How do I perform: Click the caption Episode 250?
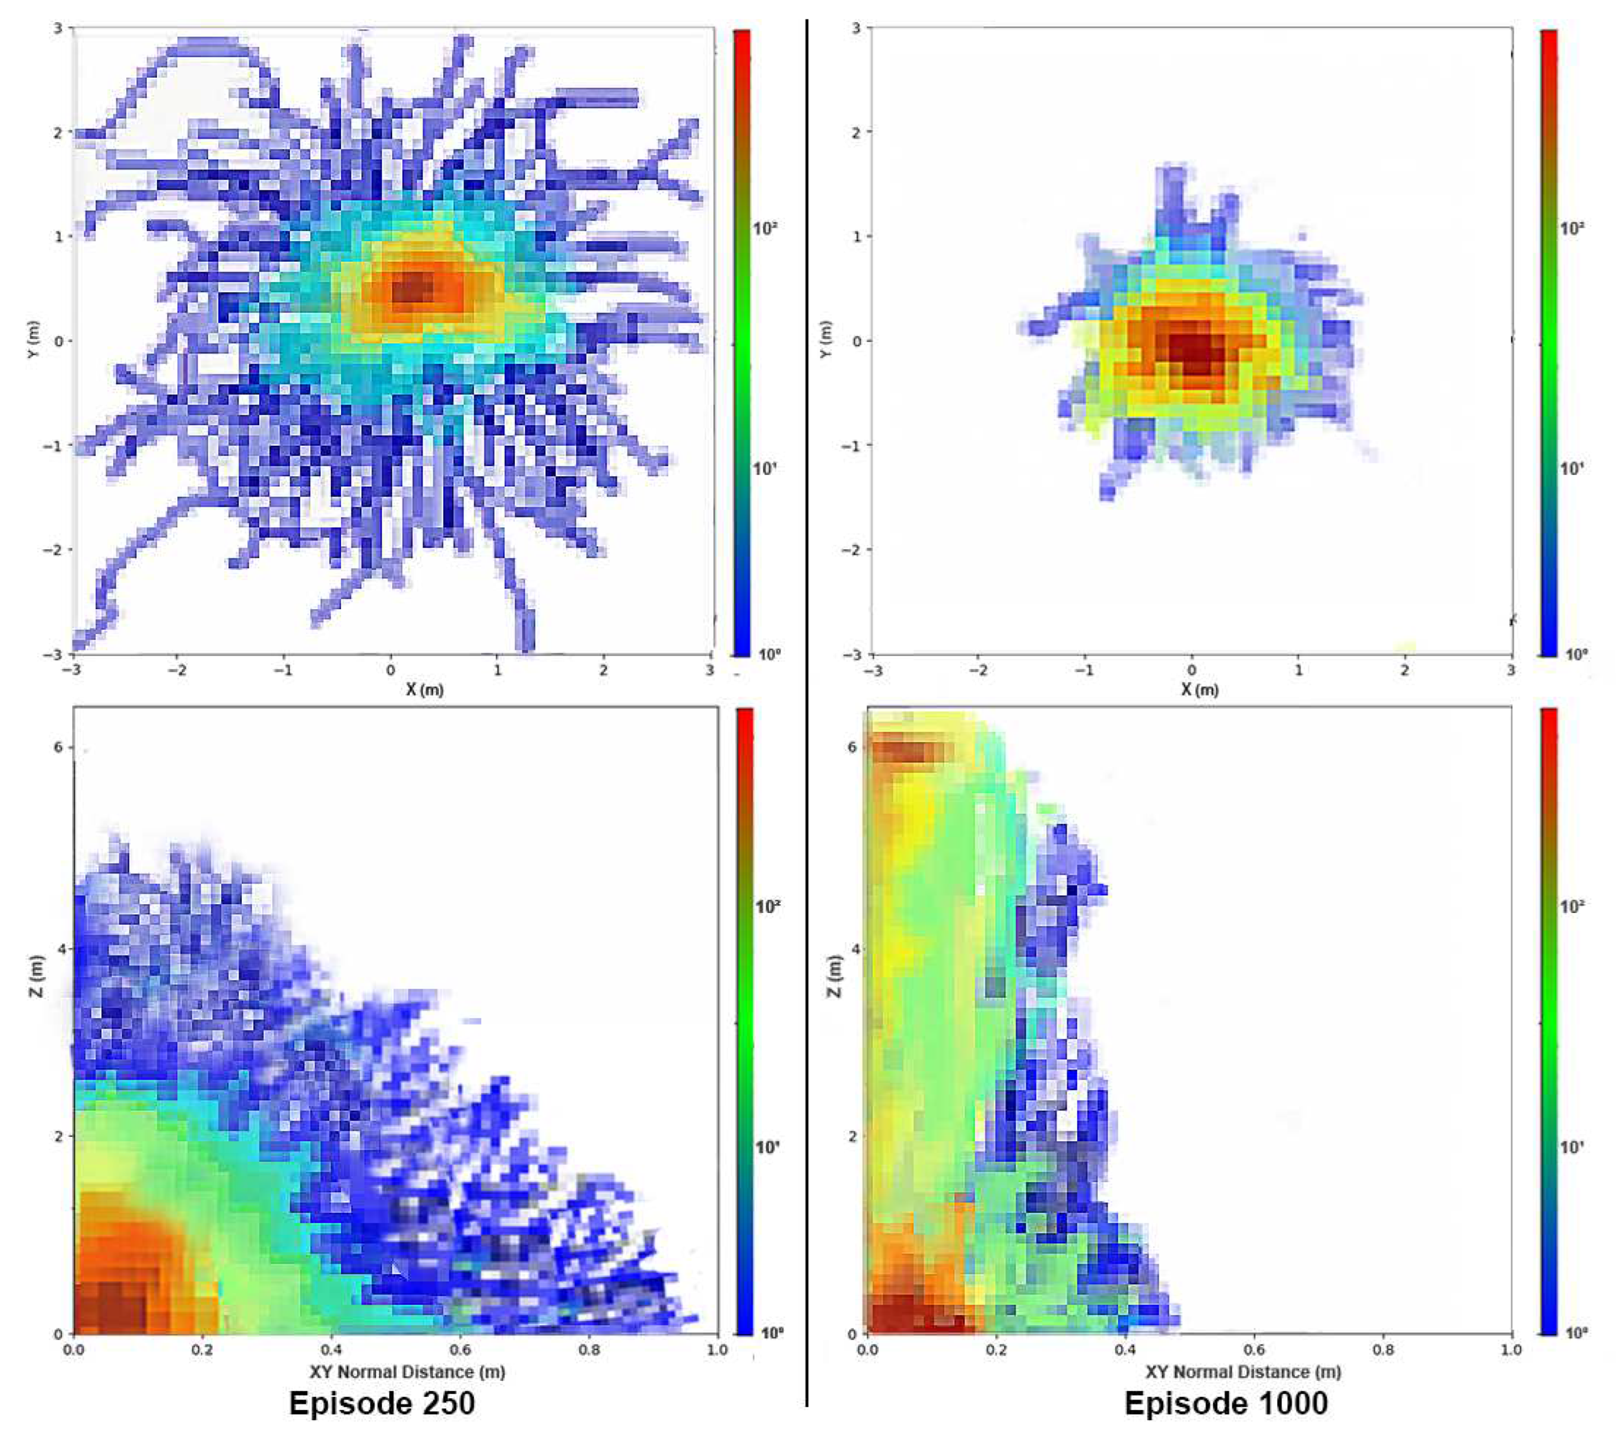point(382,1403)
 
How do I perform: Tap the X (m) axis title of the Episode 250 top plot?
point(425,690)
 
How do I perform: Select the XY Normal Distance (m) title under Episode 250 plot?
point(406,1371)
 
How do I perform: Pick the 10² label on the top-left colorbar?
point(764,228)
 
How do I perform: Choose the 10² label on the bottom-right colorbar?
point(1572,906)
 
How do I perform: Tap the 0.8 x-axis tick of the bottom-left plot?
point(589,1349)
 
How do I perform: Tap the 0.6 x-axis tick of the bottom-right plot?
point(1255,1349)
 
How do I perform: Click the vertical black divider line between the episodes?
point(807,712)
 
